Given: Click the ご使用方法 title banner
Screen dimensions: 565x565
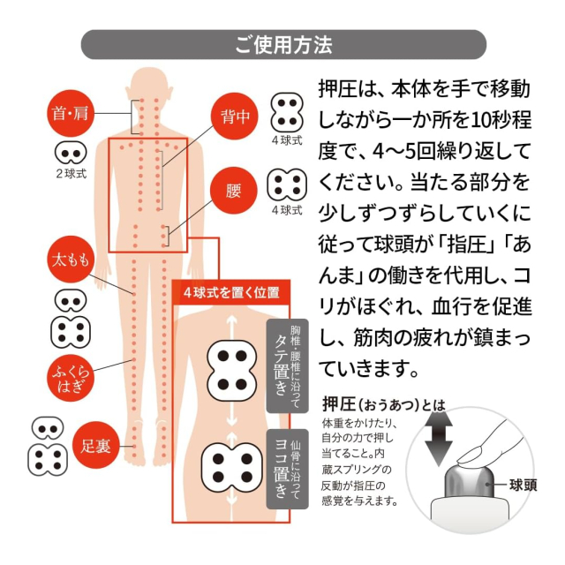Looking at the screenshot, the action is tap(283, 45).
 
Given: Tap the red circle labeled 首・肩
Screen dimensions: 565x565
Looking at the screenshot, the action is tap(71, 113).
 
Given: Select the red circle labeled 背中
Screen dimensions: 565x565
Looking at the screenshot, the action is tap(235, 117).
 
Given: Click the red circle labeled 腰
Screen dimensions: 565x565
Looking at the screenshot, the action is tap(233, 191).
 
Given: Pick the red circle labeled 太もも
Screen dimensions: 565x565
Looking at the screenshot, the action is tap(71, 259).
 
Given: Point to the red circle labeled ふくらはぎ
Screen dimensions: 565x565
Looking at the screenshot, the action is tap(71, 378).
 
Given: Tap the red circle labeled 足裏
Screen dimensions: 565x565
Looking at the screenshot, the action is tap(95, 446).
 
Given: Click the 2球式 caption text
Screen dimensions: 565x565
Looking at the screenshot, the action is tap(72, 174).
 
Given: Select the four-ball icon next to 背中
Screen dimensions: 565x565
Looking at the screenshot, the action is tap(287, 112).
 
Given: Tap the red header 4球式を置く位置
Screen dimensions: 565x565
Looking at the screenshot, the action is tap(231, 292).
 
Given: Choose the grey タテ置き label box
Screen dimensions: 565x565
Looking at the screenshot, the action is tap(287, 365).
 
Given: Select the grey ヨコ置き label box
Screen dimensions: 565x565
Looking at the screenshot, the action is tap(287, 469).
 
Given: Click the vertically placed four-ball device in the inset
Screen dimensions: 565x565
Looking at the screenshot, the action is tap(232, 371).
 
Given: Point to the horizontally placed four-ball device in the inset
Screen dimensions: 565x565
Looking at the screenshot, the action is tap(232, 468).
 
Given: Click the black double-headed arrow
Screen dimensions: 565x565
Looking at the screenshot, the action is tap(438, 440).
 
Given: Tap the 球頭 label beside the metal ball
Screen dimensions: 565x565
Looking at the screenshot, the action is tap(523, 485).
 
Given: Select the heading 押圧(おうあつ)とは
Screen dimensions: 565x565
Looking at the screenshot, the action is tap(384, 404).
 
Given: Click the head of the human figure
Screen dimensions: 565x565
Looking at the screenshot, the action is tap(149, 86).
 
